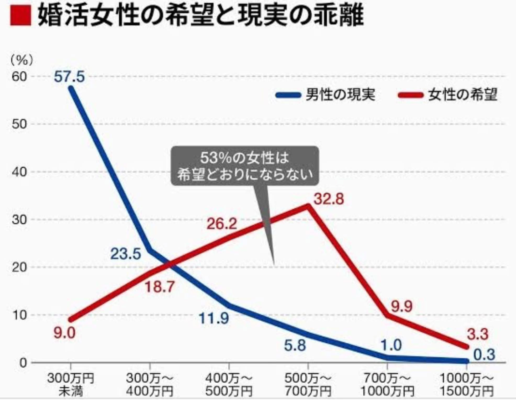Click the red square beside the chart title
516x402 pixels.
(21, 16)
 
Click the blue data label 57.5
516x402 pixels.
(69, 77)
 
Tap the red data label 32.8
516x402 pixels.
(329, 199)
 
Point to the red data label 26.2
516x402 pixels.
(222, 224)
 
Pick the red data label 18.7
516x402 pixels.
(160, 287)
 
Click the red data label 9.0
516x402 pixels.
(64, 333)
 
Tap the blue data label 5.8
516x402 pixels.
(295, 345)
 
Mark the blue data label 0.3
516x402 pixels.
(484, 355)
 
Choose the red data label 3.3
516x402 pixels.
(478, 334)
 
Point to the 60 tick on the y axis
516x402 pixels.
(19, 76)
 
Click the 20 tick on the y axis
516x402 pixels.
(19, 267)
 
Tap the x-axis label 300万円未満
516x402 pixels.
(71, 385)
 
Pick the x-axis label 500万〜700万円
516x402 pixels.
(308, 385)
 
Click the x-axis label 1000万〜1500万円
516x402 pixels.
(466, 385)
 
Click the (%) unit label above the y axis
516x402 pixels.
(22, 60)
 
